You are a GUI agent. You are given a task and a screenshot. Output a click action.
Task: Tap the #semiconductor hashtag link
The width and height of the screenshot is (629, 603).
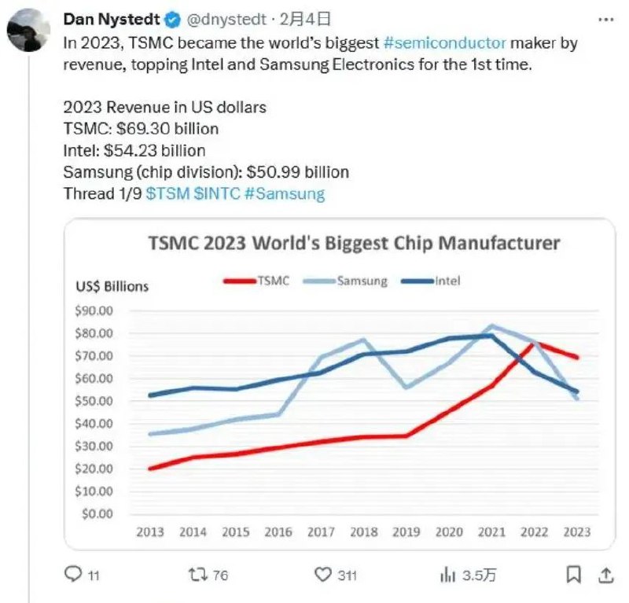point(444,44)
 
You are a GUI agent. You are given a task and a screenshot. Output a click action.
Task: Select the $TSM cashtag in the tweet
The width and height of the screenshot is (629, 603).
point(167,193)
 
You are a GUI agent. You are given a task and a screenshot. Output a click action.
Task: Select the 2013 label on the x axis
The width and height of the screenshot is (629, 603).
point(150,532)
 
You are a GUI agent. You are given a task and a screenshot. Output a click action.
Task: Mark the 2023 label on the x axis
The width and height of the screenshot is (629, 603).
point(578,532)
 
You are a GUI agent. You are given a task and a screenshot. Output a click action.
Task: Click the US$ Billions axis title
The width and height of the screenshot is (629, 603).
point(112,286)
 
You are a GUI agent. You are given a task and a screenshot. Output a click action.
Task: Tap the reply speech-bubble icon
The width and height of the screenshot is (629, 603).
point(73,575)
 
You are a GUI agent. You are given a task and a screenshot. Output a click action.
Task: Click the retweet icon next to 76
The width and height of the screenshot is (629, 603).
point(198,575)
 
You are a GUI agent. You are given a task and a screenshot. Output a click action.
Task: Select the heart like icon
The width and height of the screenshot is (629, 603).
point(323,575)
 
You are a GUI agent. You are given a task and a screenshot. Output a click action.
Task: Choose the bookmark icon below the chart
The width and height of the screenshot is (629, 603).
point(575,575)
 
